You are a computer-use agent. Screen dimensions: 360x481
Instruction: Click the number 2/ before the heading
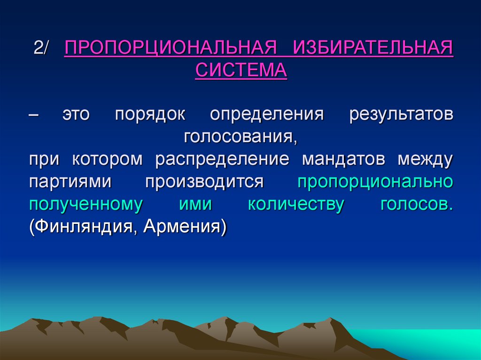click(44, 49)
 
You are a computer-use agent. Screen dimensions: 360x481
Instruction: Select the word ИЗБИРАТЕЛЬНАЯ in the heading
click(373, 49)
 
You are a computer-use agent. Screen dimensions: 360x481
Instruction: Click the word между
click(425, 159)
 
